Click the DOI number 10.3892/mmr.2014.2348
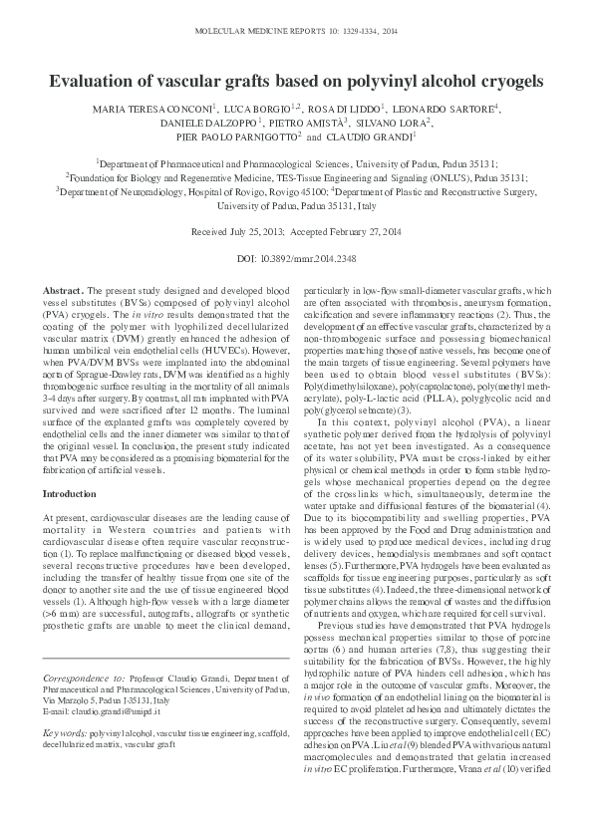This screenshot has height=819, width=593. tap(308, 259)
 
